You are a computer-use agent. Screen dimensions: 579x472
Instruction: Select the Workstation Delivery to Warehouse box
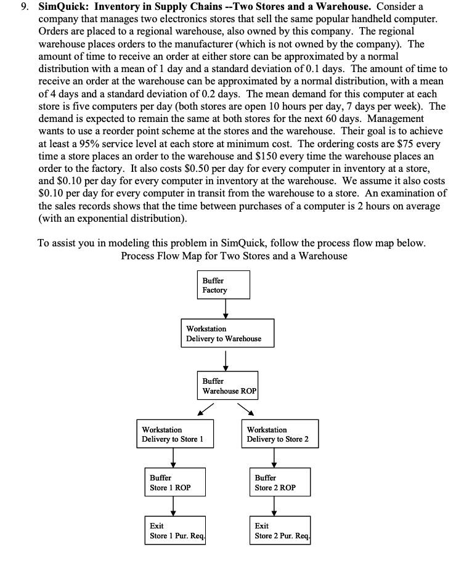(x=226, y=334)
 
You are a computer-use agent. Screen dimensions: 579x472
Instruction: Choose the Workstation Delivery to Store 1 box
(x=175, y=434)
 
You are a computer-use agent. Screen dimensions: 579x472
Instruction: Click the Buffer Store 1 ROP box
(x=174, y=482)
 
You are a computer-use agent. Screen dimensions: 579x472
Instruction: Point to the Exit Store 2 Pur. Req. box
(x=282, y=530)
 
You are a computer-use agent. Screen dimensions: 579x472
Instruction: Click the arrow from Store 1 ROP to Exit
(x=174, y=506)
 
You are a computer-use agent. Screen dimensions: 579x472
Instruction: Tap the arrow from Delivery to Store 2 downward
(x=274, y=458)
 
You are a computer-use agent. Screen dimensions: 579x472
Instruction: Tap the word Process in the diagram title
(x=139, y=256)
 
